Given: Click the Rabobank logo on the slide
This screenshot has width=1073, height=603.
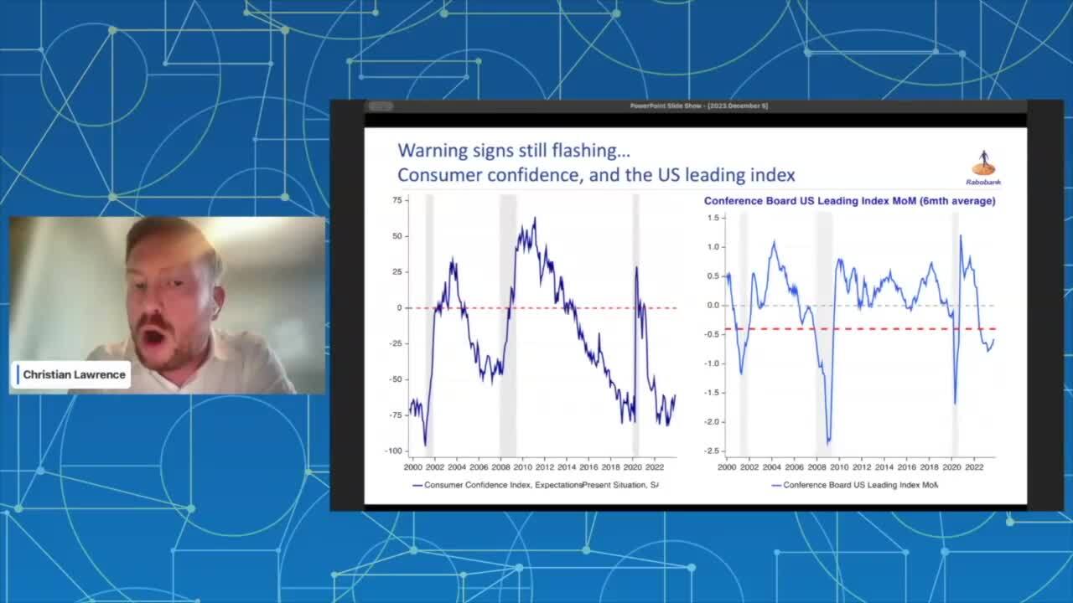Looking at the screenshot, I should (x=983, y=167).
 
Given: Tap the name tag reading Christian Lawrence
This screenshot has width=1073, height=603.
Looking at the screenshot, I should (x=74, y=374).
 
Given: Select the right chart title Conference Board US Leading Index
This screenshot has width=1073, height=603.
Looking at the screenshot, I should (x=849, y=201).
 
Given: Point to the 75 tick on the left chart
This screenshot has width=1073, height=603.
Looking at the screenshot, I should (x=397, y=200).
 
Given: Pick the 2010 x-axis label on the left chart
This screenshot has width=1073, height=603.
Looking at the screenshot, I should (x=523, y=466).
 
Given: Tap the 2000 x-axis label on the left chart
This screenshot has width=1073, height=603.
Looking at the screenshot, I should (x=413, y=466).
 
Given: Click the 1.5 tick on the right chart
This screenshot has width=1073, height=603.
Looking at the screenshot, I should (x=714, y=218).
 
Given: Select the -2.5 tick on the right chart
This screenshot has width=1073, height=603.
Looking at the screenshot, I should (x=713, y=451).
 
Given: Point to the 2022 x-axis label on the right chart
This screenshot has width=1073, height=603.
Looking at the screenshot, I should (x=974, y=466).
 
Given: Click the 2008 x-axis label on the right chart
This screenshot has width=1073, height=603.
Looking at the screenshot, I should (x=816, y=466).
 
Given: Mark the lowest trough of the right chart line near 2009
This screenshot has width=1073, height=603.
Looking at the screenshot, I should (x=828, y=442).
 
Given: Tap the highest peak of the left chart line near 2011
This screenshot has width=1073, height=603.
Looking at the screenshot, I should (x=535, y=219).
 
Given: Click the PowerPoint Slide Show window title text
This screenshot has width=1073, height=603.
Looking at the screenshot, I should (x=698, y=106).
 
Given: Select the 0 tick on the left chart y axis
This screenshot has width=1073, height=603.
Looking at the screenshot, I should (x=400, y=307).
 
